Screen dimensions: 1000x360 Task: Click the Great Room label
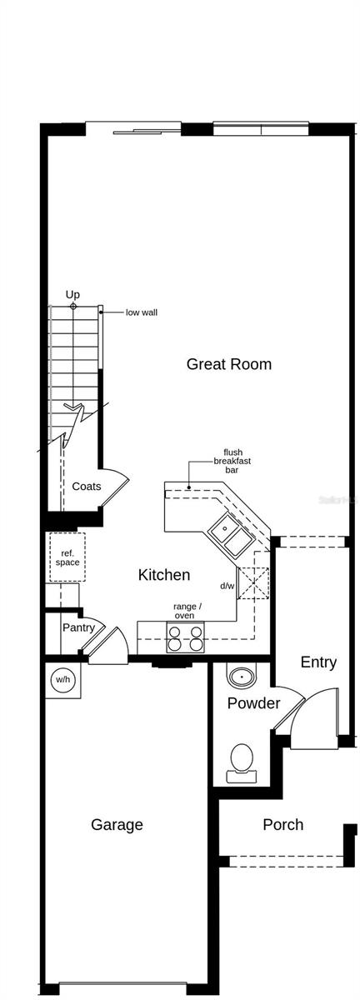tap(228, 364)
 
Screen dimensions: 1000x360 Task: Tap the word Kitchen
tap(163, 575)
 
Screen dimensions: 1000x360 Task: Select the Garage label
tap(117, 825)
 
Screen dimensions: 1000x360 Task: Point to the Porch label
tap(282, 825)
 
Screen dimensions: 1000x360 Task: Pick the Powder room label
tap(253, 703)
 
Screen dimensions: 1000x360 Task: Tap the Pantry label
tap(78, 627)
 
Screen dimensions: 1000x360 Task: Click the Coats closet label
tap(86, 487)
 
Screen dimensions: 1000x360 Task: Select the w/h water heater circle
tap(63, 680)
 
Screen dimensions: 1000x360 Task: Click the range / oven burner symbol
tap(186, 637)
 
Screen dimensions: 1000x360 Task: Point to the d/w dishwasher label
tap(227, 586)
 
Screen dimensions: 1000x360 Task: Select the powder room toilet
tap(242, 760)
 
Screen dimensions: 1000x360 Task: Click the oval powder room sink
tap(242, 676)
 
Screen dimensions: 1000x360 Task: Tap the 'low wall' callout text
tap(141, 312)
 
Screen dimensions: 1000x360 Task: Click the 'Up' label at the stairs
tap(73, 295)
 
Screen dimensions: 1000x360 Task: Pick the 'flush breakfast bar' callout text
tap(232, 461)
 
